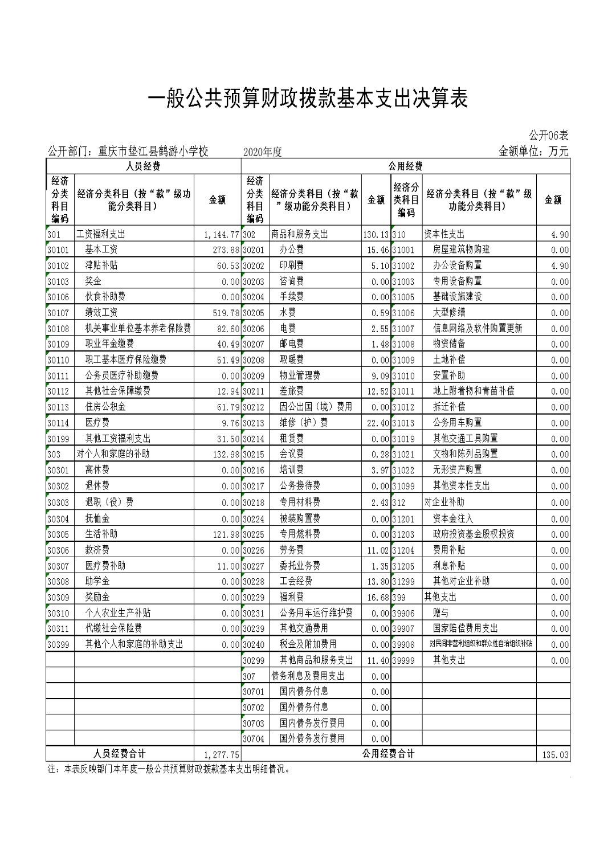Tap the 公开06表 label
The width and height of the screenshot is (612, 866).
pyautogui.click(x=548, y=136)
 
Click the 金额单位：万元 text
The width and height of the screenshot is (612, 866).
pyautogui.click(x=533, y=152)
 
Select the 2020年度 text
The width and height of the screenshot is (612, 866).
pyautogui.click(x=262, y=152)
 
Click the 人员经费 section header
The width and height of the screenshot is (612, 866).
pyautogui.click(x=142, y=166)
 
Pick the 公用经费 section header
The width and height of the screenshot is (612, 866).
pyautogui.click(x=405, y=166)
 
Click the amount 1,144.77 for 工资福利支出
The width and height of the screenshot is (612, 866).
pyautogui.click(x=221, y=234)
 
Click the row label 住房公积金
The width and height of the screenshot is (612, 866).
pyautogui.click(x=105, y=407)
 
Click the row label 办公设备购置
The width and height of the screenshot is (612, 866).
pyautogui.click(x=457, y=265)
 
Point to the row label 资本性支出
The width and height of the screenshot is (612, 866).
pyautogui.click(x=444, y=234)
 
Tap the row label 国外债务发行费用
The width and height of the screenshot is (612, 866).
pyautogui.click(x=312, y=738)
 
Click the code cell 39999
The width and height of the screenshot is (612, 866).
pyautogui.click(x=403, y=660)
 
